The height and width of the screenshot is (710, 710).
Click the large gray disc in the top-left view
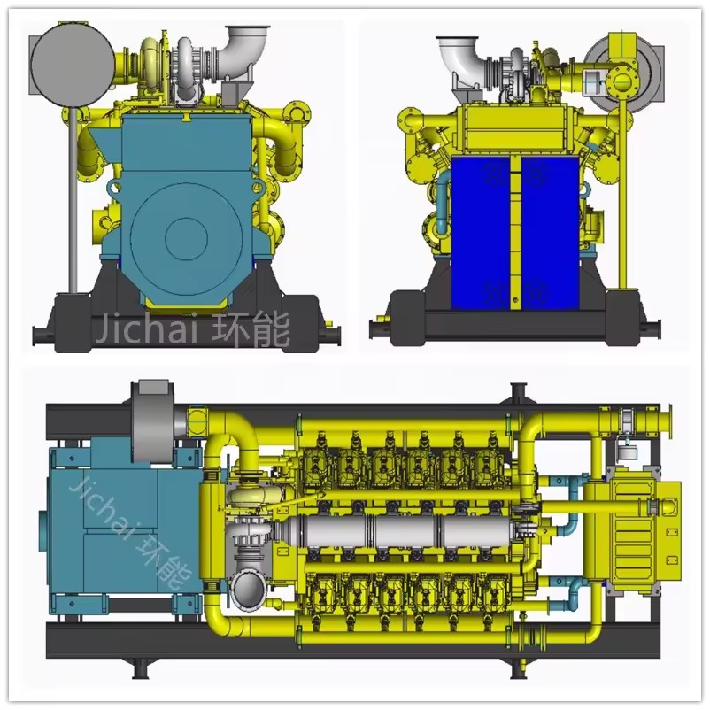point(73,65)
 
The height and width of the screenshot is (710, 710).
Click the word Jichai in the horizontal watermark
point(147,328)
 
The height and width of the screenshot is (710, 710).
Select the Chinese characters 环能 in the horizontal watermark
point(251,329)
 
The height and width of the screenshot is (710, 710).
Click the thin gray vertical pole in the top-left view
point(73,200)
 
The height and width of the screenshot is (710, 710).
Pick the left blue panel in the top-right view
point(481,233)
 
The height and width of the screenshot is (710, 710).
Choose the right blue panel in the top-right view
point(550,233)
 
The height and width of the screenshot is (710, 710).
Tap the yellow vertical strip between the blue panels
point(516,233)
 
